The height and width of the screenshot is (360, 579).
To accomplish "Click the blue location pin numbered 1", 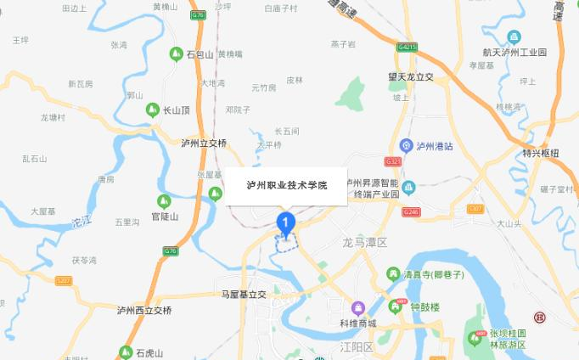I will coord(286,224).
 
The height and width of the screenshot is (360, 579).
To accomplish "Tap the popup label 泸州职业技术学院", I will coord(285,184).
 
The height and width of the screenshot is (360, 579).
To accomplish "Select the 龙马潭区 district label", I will coord(364,243).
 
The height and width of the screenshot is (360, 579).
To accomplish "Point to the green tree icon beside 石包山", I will coord(177,54).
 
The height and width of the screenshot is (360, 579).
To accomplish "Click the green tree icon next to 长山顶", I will coord(154,110).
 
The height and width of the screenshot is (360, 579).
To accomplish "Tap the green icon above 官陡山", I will coord(166,201).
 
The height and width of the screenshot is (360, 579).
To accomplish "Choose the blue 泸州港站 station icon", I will coord(406,144).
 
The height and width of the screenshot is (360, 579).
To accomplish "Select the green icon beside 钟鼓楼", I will coord(395,307).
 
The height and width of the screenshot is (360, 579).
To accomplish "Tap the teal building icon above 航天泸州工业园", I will coord(514,37).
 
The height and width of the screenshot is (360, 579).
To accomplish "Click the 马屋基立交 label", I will coord(244,294).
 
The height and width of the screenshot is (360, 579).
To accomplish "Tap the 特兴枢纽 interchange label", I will coord(541,153).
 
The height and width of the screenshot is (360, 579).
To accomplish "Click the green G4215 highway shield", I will coord(407,48).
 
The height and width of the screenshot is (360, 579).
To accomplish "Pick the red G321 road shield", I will coord(392,160).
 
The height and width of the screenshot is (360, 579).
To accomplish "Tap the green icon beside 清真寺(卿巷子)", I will coord(393,273).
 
